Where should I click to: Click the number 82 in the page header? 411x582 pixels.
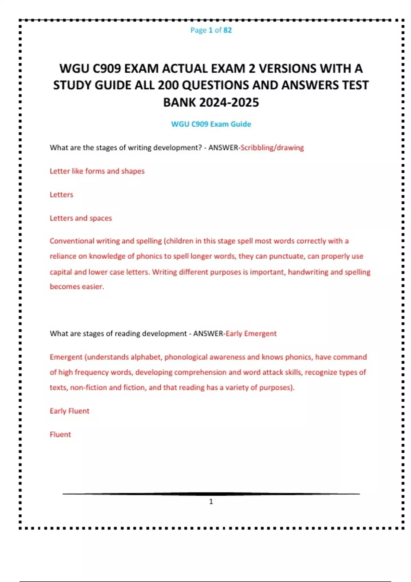pyautogui.click(x=227, y=30)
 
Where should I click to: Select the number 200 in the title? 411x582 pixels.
pyautogui.click(x=168, y=85)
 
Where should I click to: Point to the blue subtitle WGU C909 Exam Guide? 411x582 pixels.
pyautogui.click(x=211, y=124)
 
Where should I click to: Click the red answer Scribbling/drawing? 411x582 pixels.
pyautogui.click(x=272, y=148)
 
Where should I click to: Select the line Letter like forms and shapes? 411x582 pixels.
pyautogui.click(x=97, y=171)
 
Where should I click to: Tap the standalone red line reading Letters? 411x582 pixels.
pyautogui.click(x=61, y=194)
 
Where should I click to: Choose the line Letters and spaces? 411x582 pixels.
pyautogui.click(x=81, y=218)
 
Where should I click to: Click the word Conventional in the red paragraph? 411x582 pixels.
pyautogui.click(x=72, y=241)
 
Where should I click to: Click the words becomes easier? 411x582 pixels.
pyautogui.click(x=77, y=287)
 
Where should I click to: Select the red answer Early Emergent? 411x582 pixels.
pyautogui.click(x=251, y=333)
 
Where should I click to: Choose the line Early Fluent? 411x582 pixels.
pyautogui.click(x=70, y=411)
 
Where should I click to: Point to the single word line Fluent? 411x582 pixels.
pyautogui.click(x=60, y=434)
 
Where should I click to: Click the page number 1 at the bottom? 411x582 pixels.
pyautogui.click(x=211, y=502)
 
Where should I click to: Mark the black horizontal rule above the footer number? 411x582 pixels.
pyautogui.click(x=211, y=494)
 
